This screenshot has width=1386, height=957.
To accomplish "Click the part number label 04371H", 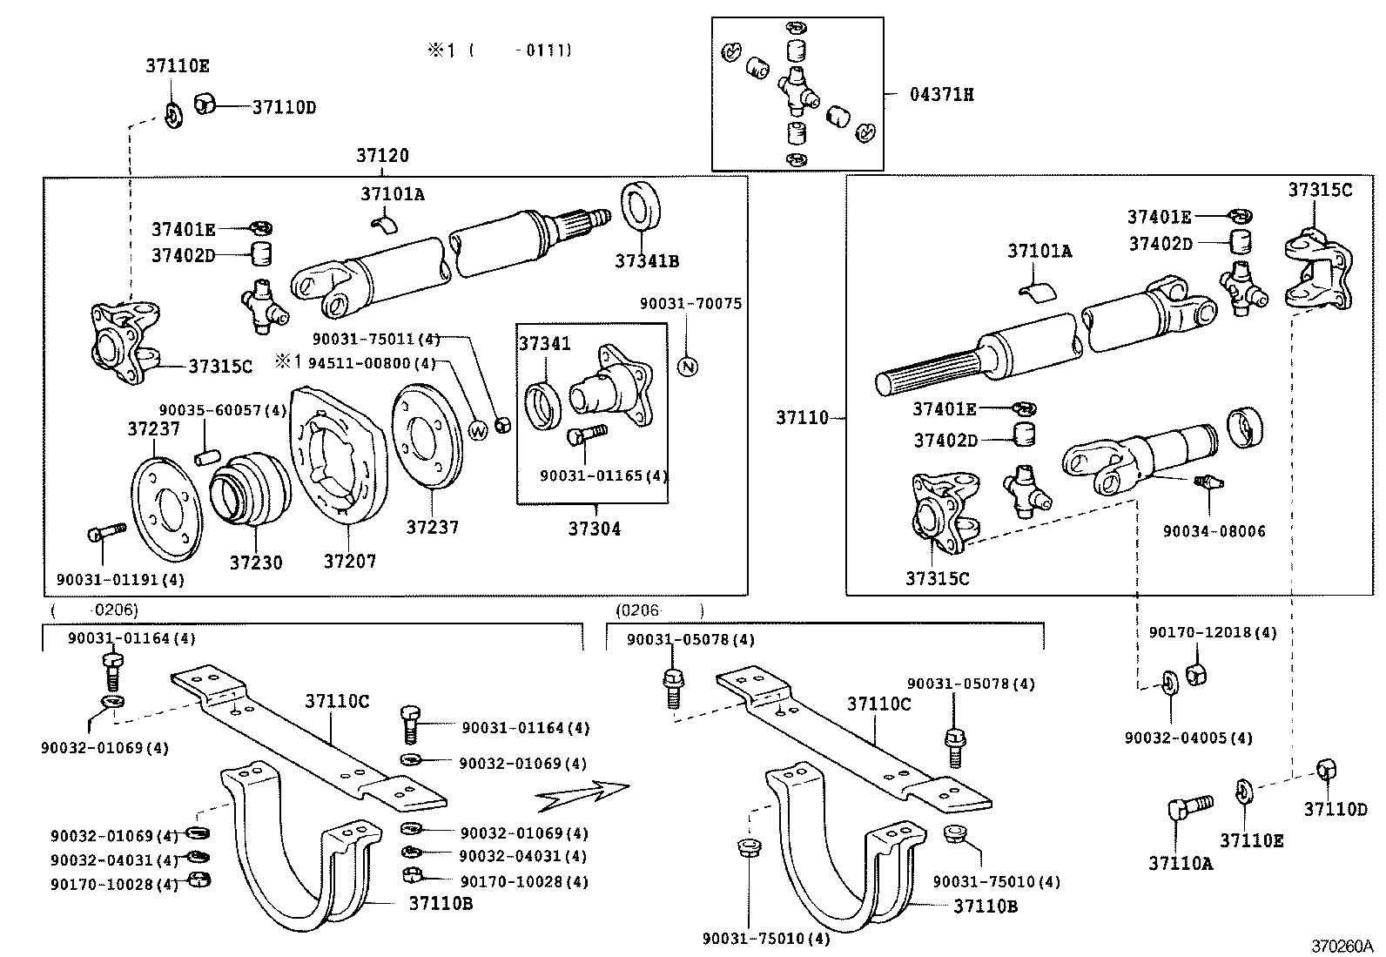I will [942, 94].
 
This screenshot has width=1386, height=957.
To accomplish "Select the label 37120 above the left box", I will [382, 156].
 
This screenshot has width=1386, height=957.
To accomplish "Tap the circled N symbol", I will [688, 367].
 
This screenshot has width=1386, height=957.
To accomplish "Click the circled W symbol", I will [479, 430].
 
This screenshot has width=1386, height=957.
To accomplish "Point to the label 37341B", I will [647, 261].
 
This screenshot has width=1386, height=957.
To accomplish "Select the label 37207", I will [350, 562].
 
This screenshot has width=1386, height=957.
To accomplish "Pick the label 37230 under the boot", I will [256, 563].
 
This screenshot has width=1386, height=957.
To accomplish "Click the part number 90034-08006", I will [1214, 531].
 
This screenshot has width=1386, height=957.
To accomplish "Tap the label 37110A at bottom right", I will [1180, 864].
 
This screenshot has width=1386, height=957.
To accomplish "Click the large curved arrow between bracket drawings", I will [582, 793].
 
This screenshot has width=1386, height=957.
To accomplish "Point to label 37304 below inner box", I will [595, 529].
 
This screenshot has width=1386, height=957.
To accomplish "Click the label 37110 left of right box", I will [802, 419].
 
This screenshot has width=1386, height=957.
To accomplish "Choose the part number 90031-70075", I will [690, 304].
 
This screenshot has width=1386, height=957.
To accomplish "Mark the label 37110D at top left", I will [284, 108].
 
